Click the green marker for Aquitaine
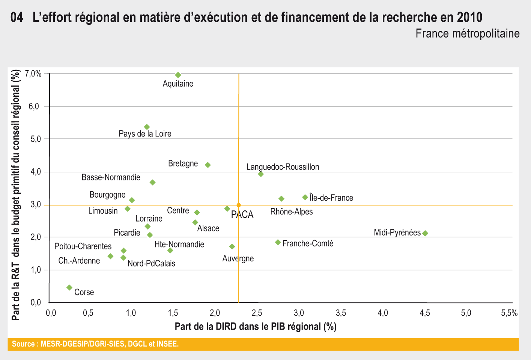coord(178,75)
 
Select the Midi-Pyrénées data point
coord(425,233)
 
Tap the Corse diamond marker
coord(69,288)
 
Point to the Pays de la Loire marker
coord(147,127)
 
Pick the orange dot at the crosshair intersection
coord(239,205)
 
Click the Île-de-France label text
coord(331,198)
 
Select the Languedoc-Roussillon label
coord(283,167)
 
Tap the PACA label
coord(242,215)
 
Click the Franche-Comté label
coord(308,244)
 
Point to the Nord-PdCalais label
coord(151,264)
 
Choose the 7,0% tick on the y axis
coord(33,74)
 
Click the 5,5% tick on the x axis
coord(509,313)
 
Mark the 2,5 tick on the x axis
coord(256,313)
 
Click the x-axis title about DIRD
coord(256,327)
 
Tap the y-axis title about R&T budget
coord(16,195)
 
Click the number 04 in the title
coord(17,17)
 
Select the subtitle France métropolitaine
coord(467,34)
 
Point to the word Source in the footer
coord(24,344)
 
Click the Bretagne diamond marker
coord(208,165)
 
